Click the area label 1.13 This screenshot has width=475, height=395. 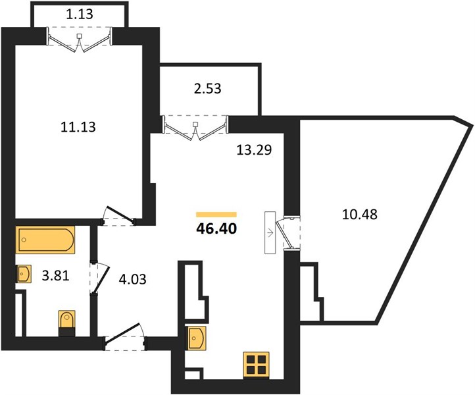[80, 14]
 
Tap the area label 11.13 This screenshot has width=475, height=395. [78, 126]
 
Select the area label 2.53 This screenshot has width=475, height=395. [207, 88]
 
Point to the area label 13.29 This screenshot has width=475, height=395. [254, 149]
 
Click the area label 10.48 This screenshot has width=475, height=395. [360, 215]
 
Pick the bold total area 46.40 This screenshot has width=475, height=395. [216, 228]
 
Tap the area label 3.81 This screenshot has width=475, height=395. [55, 276]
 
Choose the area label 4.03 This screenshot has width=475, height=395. [132, 279]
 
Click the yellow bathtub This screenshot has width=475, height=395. [45, 240]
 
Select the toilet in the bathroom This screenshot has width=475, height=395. [66, 323]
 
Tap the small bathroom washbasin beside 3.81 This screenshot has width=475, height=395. [24, 274]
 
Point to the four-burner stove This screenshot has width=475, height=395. [257, 365]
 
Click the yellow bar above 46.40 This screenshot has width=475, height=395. [216, 215]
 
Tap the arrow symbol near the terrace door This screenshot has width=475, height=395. [270, 233]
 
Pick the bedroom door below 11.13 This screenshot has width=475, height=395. [118, 217]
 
